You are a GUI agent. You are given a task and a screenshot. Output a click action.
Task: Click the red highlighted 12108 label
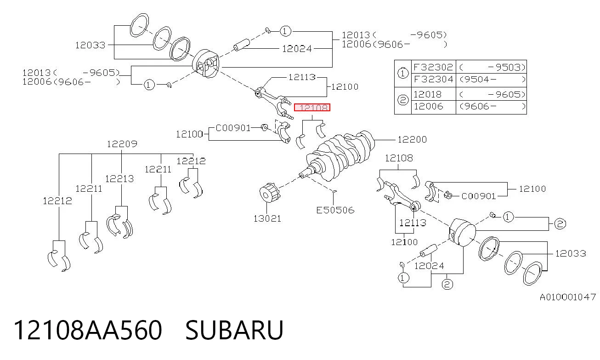coord(312,108)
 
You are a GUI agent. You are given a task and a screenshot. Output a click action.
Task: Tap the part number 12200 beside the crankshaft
coord(412,139)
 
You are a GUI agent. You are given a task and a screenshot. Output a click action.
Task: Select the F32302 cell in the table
coord(433,67)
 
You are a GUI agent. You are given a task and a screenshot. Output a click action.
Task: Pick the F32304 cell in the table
coord(433,80)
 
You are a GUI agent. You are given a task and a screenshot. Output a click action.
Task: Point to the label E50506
coord(335,210)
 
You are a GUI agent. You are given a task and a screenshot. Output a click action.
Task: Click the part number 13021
coord(267,219)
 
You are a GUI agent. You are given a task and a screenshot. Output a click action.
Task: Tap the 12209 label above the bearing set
coord(122,144)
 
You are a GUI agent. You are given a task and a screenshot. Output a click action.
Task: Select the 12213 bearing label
coord(119,179)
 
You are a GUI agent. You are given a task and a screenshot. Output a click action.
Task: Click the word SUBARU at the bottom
coord(234,330)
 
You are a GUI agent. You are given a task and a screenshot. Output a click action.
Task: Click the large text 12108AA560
coord(88,330)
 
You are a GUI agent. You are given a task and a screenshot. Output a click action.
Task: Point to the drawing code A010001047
coord(567,297)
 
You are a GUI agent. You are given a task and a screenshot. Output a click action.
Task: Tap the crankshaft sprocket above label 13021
coord(269,193)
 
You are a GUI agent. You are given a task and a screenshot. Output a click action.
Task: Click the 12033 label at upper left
coord(90,45)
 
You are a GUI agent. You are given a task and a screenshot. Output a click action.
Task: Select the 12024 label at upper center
coord(297,49)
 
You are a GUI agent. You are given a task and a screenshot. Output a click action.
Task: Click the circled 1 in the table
coord(402,73)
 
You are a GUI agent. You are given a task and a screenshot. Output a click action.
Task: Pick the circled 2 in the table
coord(402,100)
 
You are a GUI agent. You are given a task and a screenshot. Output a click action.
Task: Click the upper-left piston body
coord(206,64)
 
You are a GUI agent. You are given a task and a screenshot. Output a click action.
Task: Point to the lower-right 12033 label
coord(571,253)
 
